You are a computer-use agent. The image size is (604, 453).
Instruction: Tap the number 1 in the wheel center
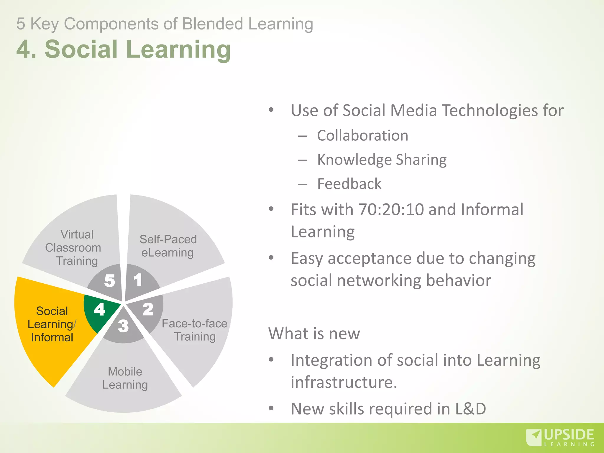pyautogui.click(x=138, y=280)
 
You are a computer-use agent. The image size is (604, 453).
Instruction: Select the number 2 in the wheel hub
pyautogui.click(x=148, y=309)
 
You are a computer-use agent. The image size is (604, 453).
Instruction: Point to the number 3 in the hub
pyautogui.click(x=123, y=326)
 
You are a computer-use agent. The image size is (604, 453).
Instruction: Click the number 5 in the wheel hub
pyautogui.click(x=109, y=281)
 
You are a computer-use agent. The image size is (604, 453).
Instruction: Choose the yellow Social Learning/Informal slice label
pyautogui.click(x=52, y=324)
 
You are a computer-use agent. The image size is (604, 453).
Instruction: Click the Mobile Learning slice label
pyautogui.click(x=125, y=378)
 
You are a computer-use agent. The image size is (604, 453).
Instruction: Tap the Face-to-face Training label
pyautogui.click(x=195, y=330)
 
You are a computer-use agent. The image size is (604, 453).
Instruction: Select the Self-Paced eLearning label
pyautogui.click(x=168, y=246)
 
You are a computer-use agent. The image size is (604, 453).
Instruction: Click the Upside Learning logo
pyautogui.click(x=560, y=437)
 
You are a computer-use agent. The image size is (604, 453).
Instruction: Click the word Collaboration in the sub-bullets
pyautogui.click(x=362, y=136)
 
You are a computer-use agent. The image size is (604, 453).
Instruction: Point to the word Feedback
pyautogui.click(x=349, y=184)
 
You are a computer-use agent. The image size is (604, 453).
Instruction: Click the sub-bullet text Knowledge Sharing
pyautogui.click(x=382, y=160)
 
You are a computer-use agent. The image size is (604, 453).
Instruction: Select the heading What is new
pyautogui.click(x=314, y=334)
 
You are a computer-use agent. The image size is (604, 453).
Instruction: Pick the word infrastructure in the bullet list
pyautogui.click(x=344, y=382)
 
